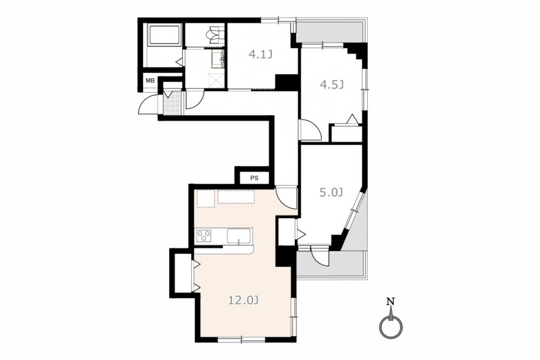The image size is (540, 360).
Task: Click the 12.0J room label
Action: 244,301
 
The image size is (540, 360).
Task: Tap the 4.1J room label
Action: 261,54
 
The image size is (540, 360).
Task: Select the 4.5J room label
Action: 332,84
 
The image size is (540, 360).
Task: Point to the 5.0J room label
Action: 332,192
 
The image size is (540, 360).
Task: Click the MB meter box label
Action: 150,81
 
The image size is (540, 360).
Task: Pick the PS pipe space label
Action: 254,178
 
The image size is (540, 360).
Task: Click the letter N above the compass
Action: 390,302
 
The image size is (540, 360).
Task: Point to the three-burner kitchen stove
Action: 204,236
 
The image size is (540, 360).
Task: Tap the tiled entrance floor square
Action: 172,102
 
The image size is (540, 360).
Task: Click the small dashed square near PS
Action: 206,199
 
